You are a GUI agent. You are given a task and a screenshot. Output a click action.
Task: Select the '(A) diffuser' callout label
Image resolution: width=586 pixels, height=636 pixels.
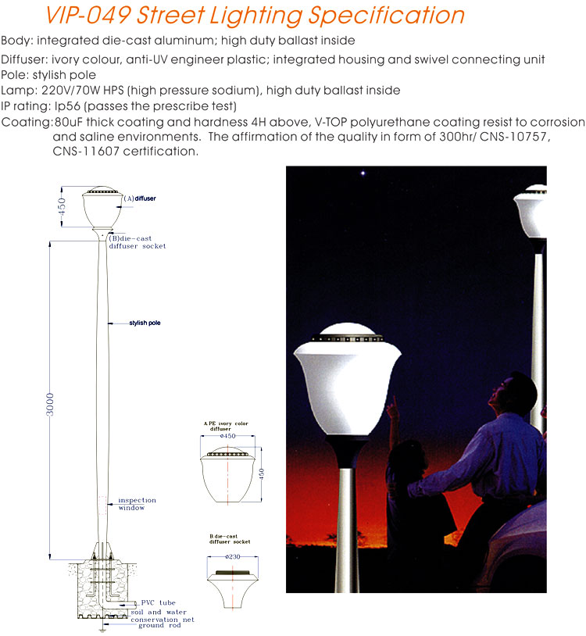click(140, 199)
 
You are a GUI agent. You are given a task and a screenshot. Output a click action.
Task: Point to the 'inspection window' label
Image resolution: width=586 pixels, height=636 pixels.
click(137, 504)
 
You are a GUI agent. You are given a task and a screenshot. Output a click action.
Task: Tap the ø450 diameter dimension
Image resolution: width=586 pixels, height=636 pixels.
click(228, 436)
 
